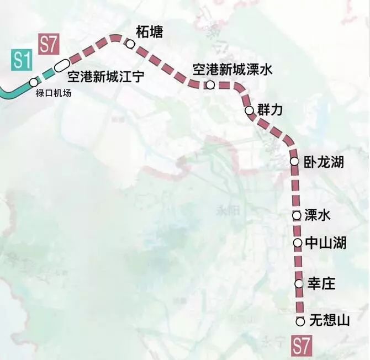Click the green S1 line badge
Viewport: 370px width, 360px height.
pyautogui.click(x=20, y=60)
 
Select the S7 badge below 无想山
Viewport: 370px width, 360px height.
pyautogui.click(x=302, y=347)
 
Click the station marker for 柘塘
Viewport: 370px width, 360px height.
pyautogui.click(x=130, y=44)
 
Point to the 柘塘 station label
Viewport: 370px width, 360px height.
pyautogui.click(x=150, y=30)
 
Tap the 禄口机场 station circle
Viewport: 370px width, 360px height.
pyautogui.click(x=34, y=82)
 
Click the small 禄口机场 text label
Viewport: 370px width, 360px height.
pyautogui.click(x=54, y=93)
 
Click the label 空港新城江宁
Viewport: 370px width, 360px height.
pyautogui.click(x=105, y=76)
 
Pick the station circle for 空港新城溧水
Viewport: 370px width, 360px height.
pyautogui.click(x=210, y=85)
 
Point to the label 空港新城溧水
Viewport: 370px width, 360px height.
pyautogui.click(x=232, y=70)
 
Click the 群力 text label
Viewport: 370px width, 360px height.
pyautogui.click(x=270, y=110)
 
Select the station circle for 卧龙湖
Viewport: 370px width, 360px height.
pyautogui.click(x=294, y=162)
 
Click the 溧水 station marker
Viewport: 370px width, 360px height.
pyautogui.click(x=297, y=215)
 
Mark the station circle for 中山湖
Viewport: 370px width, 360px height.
pyautogui.click(x=297, y=242)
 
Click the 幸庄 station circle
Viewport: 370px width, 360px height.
pyautogui.click(x=299, y=284)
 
